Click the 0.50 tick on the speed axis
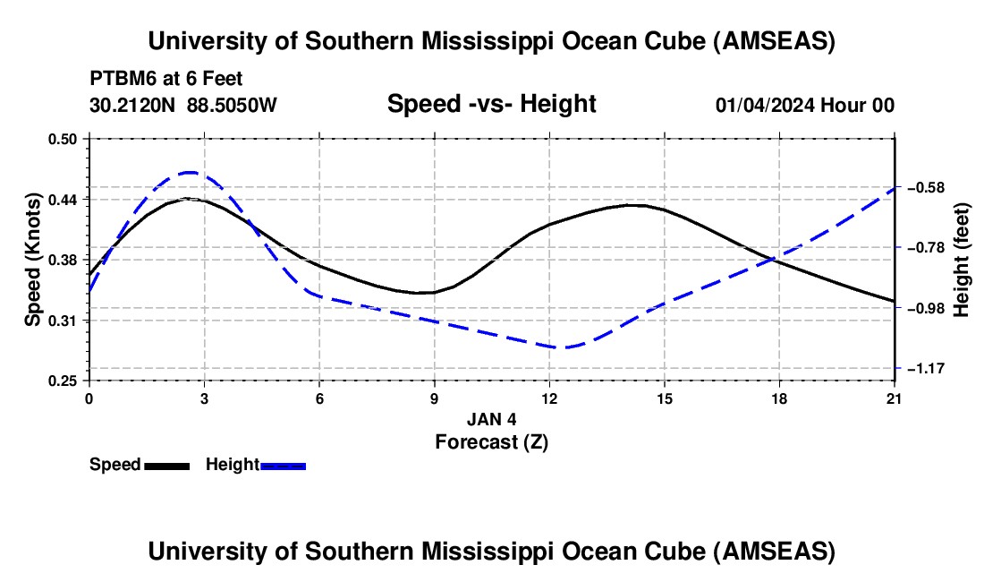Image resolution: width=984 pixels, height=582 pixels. (64, 139)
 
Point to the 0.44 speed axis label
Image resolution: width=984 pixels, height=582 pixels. (64, 199)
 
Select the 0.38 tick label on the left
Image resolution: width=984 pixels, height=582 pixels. (64, 260)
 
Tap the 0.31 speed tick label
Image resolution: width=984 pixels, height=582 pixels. (64, 320)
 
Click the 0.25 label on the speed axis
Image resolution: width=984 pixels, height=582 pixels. (64, 381)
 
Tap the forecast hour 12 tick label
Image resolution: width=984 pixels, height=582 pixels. (549, 398)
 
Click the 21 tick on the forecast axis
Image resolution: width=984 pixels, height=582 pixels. (895, 398)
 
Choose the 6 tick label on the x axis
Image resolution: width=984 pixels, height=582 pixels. (319, 398)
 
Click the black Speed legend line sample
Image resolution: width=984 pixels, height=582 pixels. (166, 465)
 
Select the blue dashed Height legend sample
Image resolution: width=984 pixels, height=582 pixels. (284, 465)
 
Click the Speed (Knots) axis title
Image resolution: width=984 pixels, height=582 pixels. (32, 260)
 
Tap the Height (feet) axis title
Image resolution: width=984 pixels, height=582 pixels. (962, 260)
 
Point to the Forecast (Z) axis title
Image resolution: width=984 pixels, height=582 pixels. (491, 441)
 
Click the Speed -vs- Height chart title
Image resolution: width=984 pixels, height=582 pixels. (491, 104)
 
